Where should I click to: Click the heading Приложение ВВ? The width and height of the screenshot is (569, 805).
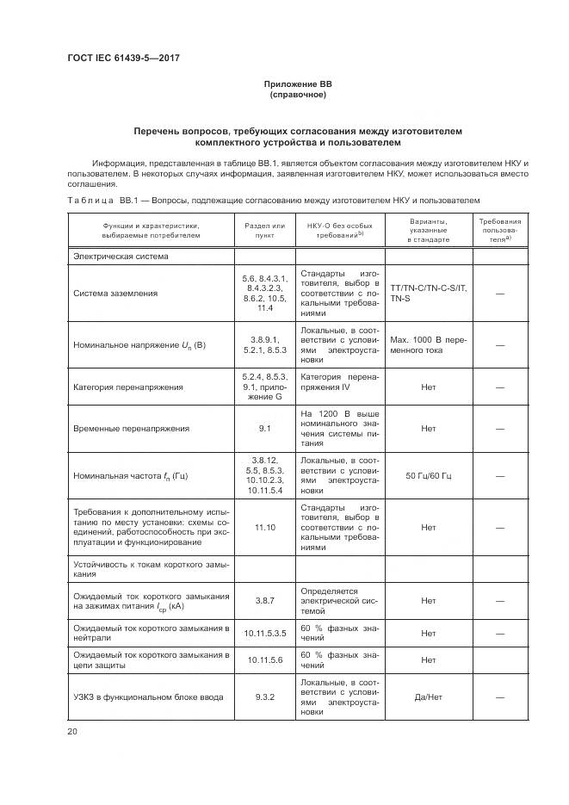pos(297,84)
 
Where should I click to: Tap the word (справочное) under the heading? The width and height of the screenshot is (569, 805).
pos(297,95)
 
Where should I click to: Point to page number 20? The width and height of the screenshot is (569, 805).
pos(72,732)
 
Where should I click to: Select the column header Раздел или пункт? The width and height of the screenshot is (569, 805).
pos(264,228)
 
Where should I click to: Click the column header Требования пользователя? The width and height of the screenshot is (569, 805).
pos(499,230)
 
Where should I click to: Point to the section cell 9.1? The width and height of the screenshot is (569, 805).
pos(264,428)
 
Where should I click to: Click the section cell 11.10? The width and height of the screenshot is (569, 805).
pos(264,528)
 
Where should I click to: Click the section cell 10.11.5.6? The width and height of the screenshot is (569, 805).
pos(264,659)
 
